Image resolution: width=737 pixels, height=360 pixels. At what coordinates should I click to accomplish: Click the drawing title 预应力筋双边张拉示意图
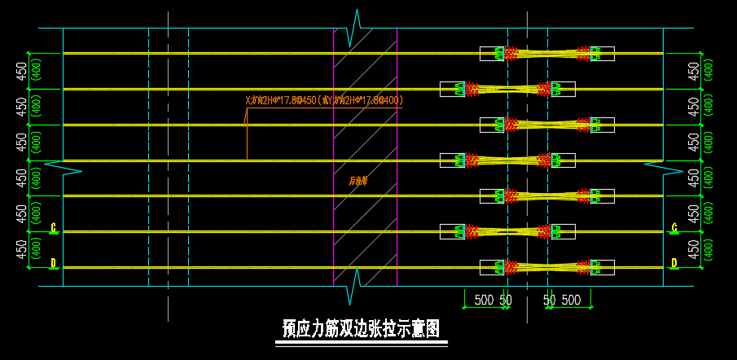361,328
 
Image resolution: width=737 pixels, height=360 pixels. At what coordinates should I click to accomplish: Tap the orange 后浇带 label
357,182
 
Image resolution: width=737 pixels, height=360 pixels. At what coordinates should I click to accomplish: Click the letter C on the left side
54,228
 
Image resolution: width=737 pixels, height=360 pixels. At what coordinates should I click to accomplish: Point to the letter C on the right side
674,228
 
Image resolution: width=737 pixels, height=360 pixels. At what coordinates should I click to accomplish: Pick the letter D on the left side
54,263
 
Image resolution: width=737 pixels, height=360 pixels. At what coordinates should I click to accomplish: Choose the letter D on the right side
674,263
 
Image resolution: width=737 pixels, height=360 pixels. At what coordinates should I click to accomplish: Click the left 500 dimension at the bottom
484,300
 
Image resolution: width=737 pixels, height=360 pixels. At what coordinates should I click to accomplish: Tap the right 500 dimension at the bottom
571,300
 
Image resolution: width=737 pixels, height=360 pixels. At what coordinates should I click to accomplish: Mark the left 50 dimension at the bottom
506,300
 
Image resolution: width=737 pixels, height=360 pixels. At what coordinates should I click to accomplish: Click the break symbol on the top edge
356,29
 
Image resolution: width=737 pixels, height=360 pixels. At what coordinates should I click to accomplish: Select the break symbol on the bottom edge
356,286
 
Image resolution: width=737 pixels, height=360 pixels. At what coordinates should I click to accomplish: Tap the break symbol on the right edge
664,168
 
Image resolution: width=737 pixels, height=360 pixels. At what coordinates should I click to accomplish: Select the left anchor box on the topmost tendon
492,54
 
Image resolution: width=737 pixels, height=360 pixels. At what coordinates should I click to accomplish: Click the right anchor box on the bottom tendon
603,267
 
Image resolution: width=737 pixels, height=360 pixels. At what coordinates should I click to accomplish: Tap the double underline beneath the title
361,345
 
